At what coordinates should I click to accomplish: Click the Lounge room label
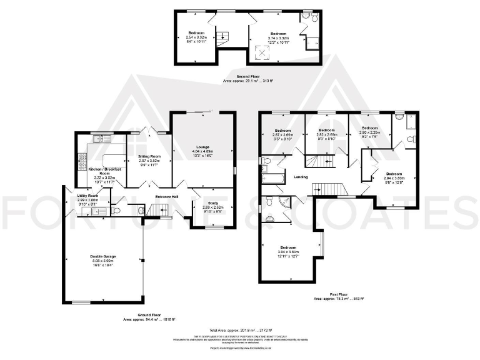[x=202, y=147]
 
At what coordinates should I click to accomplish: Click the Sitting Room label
[x=149, y=156]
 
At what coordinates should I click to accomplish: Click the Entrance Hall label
[x=166, y=196]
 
